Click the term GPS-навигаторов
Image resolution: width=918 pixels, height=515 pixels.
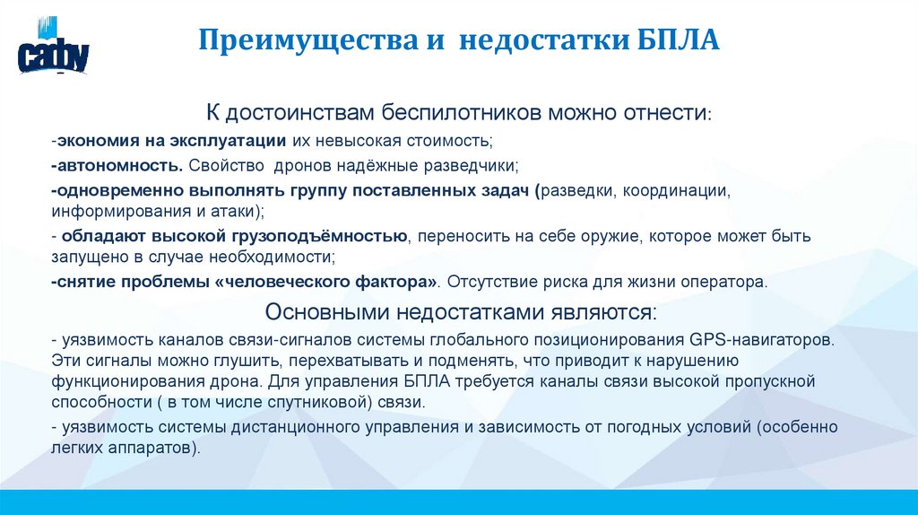click(761, 342)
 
